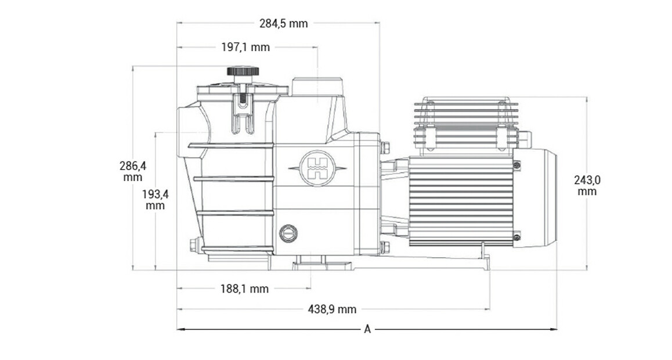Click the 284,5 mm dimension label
[x=283, y=24]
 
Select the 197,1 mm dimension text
[x=245, y=47]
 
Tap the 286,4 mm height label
[x=133, y=171]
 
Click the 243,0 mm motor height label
[x=587, y=185]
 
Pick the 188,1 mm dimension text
[x=244, y=289]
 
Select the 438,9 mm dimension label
[x=332, y=309]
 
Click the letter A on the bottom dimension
[x=367, y=329]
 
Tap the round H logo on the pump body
[x=317, y=168]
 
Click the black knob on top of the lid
[x=243, y=71]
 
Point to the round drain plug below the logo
[x=288, y=233]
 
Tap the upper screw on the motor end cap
[x=516, y=165]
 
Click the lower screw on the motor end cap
[x=516, y=236]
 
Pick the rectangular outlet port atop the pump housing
[x=317, y=87]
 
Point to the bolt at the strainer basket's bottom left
[x=194, y=244]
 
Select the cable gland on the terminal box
[x=525, y=139]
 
